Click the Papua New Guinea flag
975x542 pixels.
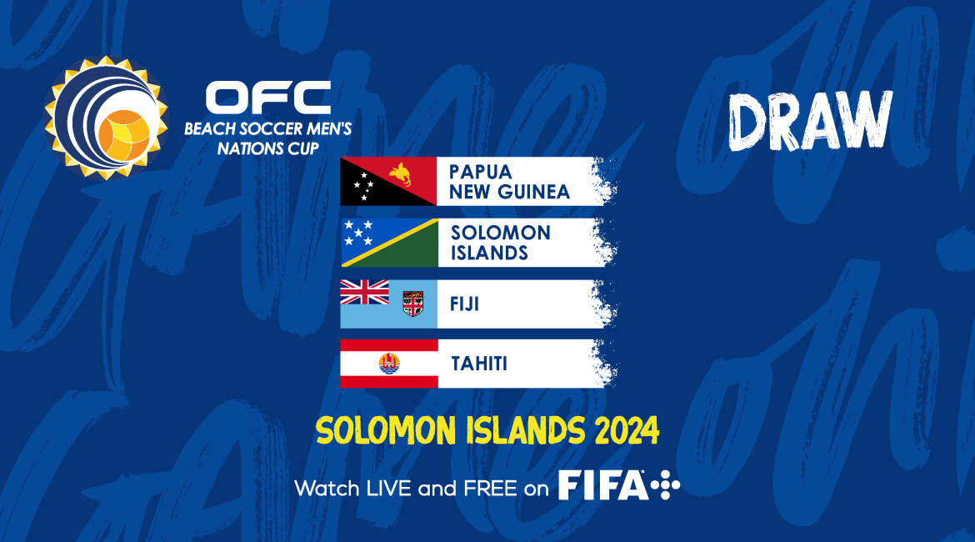click(x=388, y=181)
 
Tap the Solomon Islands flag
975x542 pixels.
click(x=389, y=243)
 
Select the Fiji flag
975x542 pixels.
click(x=388, y=304)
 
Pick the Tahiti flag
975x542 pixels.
click(x=389, y=364)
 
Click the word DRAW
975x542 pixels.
click(x=810, y=122)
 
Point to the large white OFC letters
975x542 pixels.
click(x=268, y=98)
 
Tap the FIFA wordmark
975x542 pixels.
click(x=602, y=485)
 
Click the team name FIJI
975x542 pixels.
click(x=464, y=304)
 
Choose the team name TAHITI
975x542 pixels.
click(x=479, y=364)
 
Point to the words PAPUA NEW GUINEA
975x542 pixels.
click(x=509, y=182)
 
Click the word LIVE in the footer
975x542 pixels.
click(x=389, y=489)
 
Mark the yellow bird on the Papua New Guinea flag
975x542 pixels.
click(x=402, y=174)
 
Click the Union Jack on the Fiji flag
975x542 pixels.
click(x=364, y=292)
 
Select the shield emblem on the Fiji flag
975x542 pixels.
click(x=412, y=303)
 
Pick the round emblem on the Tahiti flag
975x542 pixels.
click(x=389, y=364)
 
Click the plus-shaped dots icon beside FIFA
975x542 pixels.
click(x=665, y=485)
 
